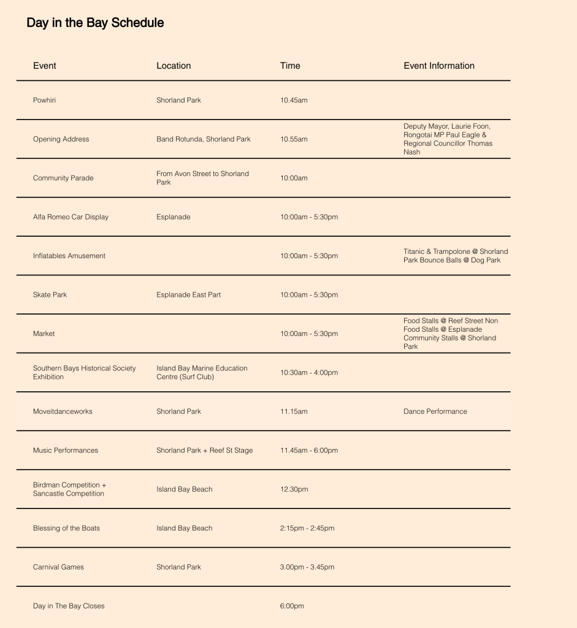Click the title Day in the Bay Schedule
(x=95, y=23)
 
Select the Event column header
(x=45, y=66)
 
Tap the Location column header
(x=174, y=66)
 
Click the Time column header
(x=290, y=66)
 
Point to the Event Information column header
(x=439, y=66)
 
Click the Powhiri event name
(x=44, y=100)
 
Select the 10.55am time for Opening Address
(x=294, y=139)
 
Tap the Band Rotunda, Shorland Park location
(x=204, y=139)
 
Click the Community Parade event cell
(x=63, y=178)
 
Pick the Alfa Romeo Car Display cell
(x=71, y=217)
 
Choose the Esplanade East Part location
(x=189, y=295)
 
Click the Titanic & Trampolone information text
(x=456, y=256)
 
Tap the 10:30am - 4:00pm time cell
(x=309, y=373)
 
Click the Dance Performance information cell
(x=435, y=412)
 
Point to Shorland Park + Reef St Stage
(x=204, y=451)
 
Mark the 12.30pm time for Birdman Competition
(x=294, y=489)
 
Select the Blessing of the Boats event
(x=66, y=529)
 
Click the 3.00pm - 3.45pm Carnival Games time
(x=307, y=567)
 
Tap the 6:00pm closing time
(x=292, y=607)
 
